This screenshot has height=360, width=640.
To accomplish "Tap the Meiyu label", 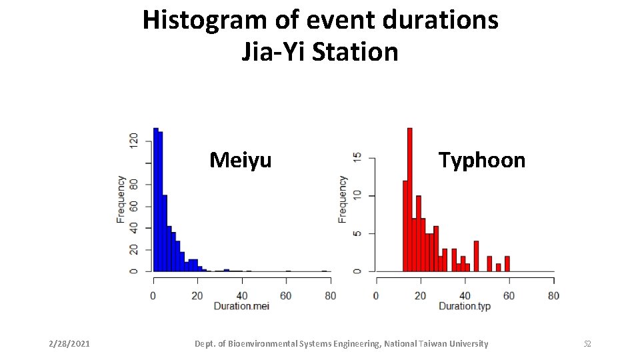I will tap(240, 160).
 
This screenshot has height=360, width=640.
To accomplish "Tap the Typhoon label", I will tap(481, 160).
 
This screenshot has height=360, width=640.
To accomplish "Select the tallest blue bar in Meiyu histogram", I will tap(155, 199).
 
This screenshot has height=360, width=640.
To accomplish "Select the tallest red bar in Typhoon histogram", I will tap(409, 199).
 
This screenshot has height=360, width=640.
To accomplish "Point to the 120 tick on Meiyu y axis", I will tap(134, 140).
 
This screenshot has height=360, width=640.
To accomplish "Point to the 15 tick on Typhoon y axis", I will tap(357, 158).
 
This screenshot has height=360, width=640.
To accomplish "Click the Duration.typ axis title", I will tap(465, 305).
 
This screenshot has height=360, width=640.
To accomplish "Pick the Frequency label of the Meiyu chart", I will tap(121, 199).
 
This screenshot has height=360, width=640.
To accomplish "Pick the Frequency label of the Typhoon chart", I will tap(343, 199).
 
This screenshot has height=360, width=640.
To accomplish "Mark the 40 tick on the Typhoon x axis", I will tap(465, 295).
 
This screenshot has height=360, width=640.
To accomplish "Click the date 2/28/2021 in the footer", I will tap(69, 344).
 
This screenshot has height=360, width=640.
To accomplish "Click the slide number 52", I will tap(587, 344).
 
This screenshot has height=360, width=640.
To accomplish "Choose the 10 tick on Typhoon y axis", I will tap(357, 195).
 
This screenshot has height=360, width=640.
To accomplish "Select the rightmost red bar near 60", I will tap(507, 263).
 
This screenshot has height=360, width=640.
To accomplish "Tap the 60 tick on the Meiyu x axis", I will tap(286, 295).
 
